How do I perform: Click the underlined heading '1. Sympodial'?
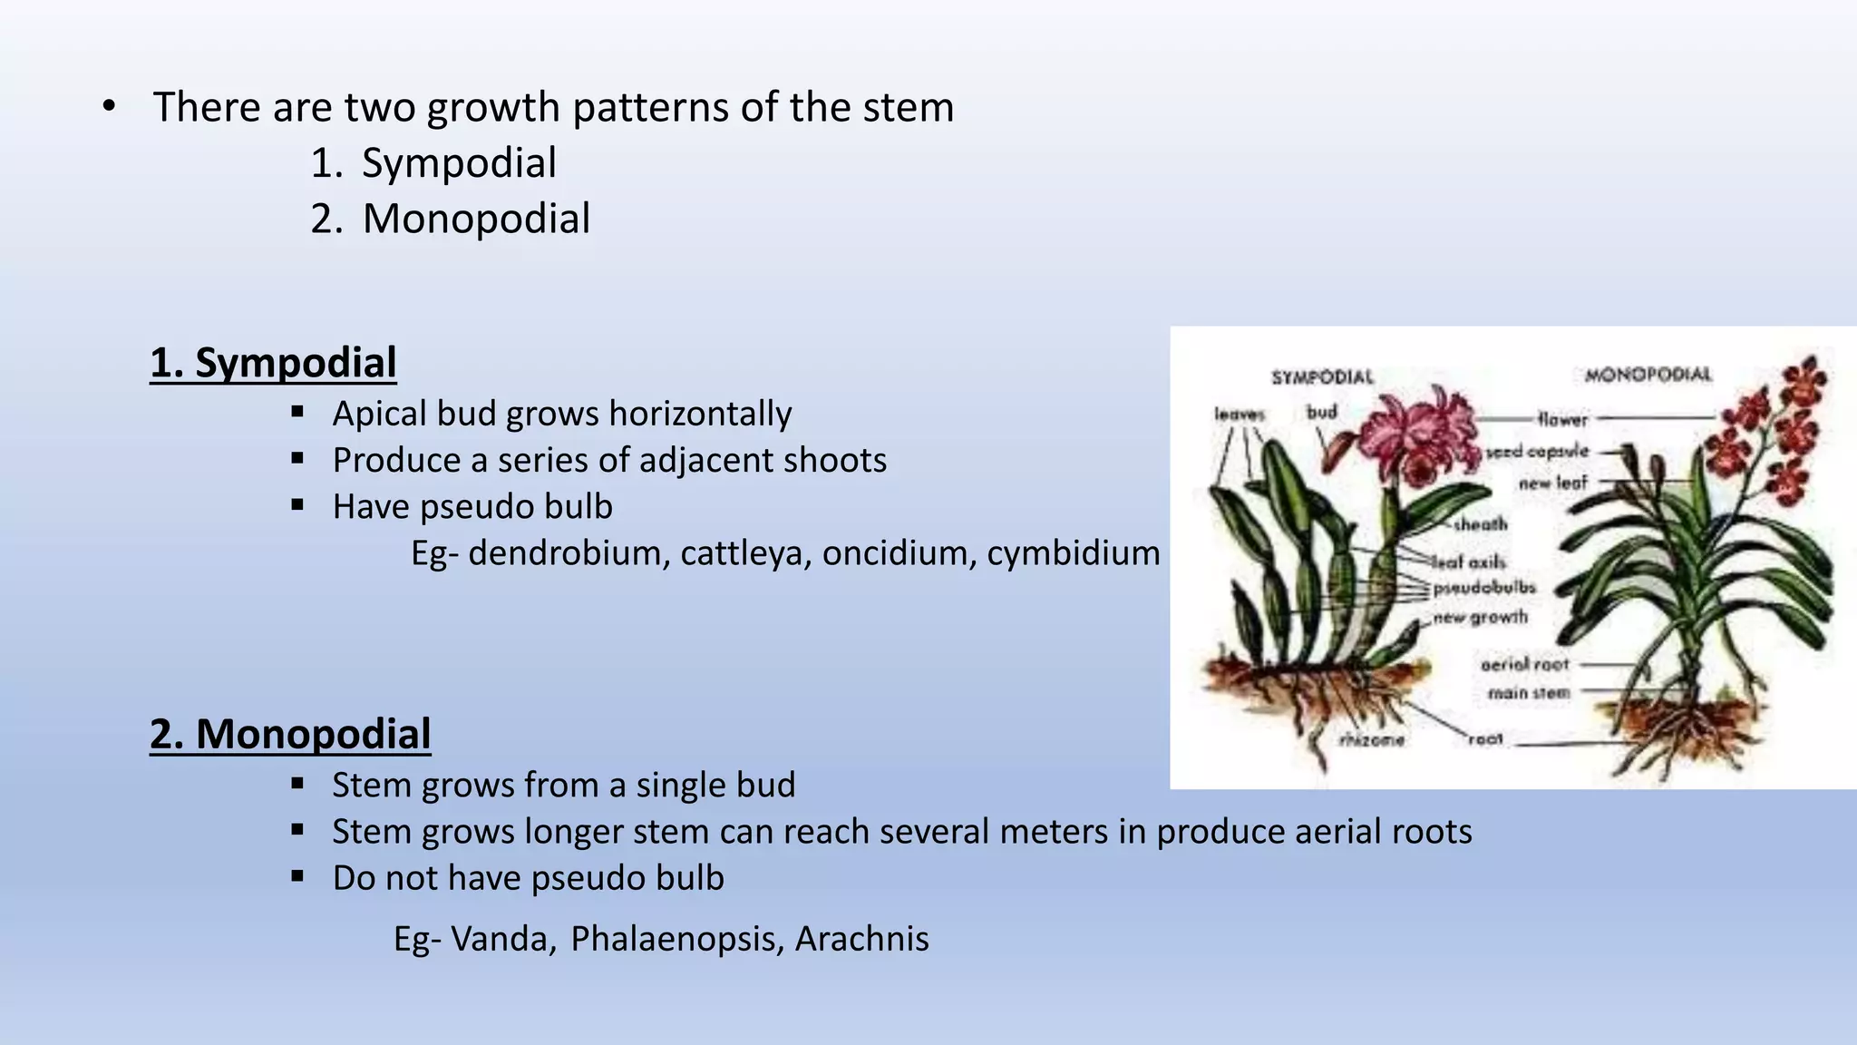(273, 363)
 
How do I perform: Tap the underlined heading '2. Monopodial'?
(290, 734)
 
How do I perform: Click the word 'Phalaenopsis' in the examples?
(676, 939)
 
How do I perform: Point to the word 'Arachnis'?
(861, 939)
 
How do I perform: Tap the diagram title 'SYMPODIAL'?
(1322, 377)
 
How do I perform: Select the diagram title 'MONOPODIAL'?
(1648, 375)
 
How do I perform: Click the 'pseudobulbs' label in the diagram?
(1484, 588)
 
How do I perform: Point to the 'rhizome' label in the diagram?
(1372, 740)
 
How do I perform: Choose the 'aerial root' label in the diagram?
(1524, 665)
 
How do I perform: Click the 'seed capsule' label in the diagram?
(1538, 451)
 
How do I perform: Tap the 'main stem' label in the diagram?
(1528, 694)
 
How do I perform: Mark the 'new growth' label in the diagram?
(1480, 618)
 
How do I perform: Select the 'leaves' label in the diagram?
(1240, 415)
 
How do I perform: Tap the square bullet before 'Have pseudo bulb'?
(297, 505)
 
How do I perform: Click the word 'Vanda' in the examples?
(502, 939)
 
